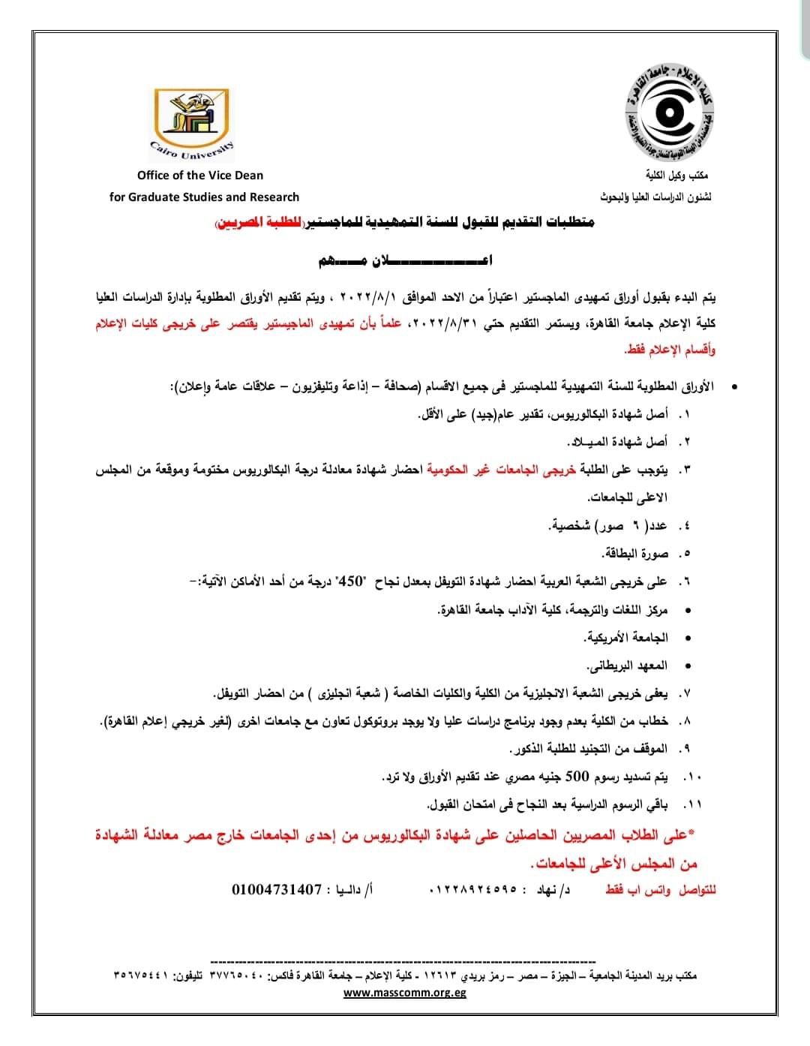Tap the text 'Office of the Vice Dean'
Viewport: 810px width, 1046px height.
tap(200, 175)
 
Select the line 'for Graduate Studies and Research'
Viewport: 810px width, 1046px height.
tap(204, 197)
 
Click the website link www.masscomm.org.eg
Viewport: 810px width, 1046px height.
tap(405, 992)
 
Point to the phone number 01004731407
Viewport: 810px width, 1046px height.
tap(277, 890)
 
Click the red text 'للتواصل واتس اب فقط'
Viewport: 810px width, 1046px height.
tap(661, 890)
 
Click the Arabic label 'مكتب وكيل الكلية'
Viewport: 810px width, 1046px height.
tap(678, 176)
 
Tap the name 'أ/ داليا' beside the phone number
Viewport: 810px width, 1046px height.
tap(352, 890)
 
